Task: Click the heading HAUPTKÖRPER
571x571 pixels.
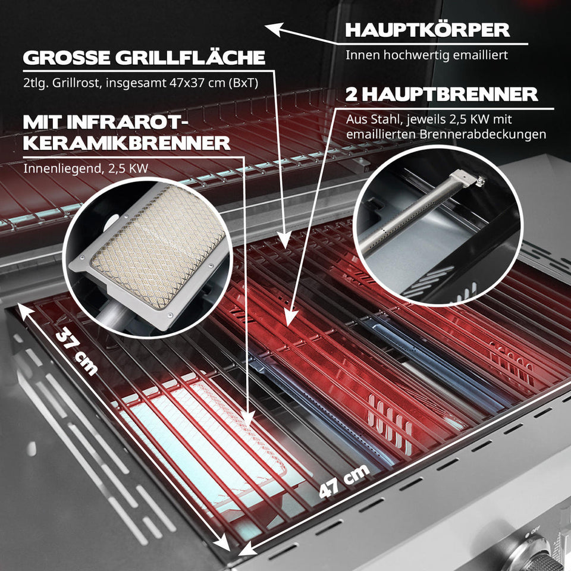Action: (427, 30)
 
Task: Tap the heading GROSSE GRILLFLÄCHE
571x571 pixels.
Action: (143, 58)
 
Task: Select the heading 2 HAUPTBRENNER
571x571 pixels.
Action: (441, 94)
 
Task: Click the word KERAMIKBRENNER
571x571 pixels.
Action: (127, 143)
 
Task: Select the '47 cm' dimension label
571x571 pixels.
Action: (344, 481)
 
